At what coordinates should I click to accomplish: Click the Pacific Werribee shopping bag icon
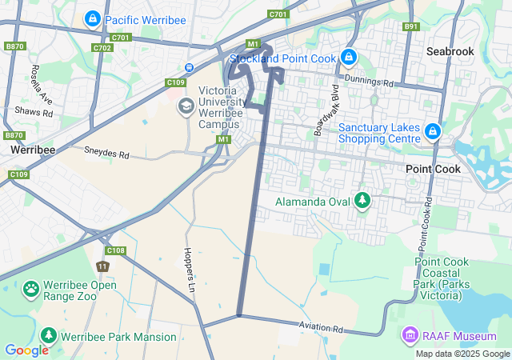[93, 18]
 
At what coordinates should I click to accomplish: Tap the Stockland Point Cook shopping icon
[348, 57]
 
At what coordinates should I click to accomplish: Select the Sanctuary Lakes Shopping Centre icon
[432, 130]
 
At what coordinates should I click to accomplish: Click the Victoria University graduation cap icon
[186, 106]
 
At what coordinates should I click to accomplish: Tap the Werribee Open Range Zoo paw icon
[32, 288]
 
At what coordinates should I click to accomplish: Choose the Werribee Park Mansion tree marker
[48, 336]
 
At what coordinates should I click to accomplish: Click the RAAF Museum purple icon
[410, 333]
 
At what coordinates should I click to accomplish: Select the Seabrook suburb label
[450, 51]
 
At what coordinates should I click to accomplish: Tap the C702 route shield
[102, 48]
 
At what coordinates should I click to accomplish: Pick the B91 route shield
[411, 26]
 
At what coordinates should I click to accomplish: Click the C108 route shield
[116, 250]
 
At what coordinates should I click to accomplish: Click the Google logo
[26, 350]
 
